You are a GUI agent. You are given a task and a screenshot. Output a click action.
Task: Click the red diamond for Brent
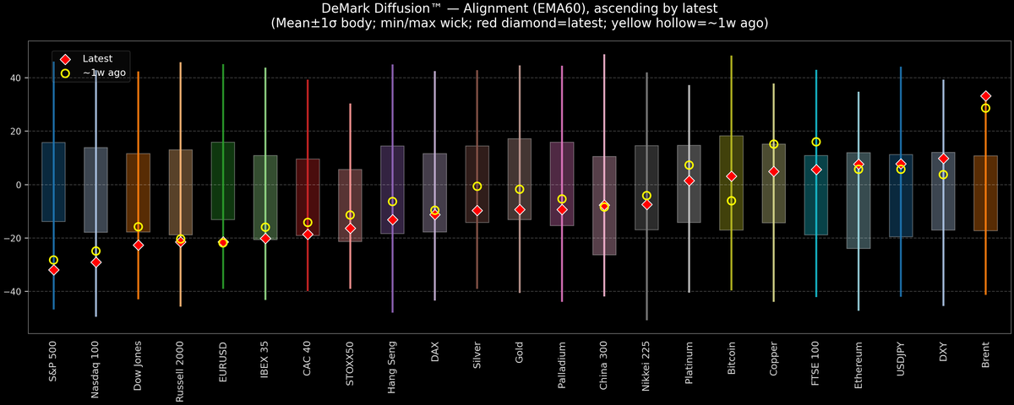(x=985, y=96)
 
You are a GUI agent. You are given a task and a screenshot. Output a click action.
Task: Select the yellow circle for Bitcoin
(x=731, y=201)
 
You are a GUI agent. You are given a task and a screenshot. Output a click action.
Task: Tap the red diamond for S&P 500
(x=53, y=270)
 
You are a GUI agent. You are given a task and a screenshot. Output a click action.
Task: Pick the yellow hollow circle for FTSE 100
(x=815, y=142)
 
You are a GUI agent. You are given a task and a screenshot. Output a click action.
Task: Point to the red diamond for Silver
(x=477, y=210)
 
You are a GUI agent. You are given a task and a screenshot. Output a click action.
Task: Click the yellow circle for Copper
(x=773, y=144)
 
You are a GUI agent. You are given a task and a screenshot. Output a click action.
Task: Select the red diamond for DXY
(x=943, y=159)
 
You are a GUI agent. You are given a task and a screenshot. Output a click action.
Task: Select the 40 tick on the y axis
(x=15, y=78)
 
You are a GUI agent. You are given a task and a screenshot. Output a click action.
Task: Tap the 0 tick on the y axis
(x=18, y=185)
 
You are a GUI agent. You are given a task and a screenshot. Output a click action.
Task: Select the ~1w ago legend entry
(x=100, y=73)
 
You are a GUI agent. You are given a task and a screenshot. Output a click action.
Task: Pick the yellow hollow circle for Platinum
(x=689, y=165)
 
